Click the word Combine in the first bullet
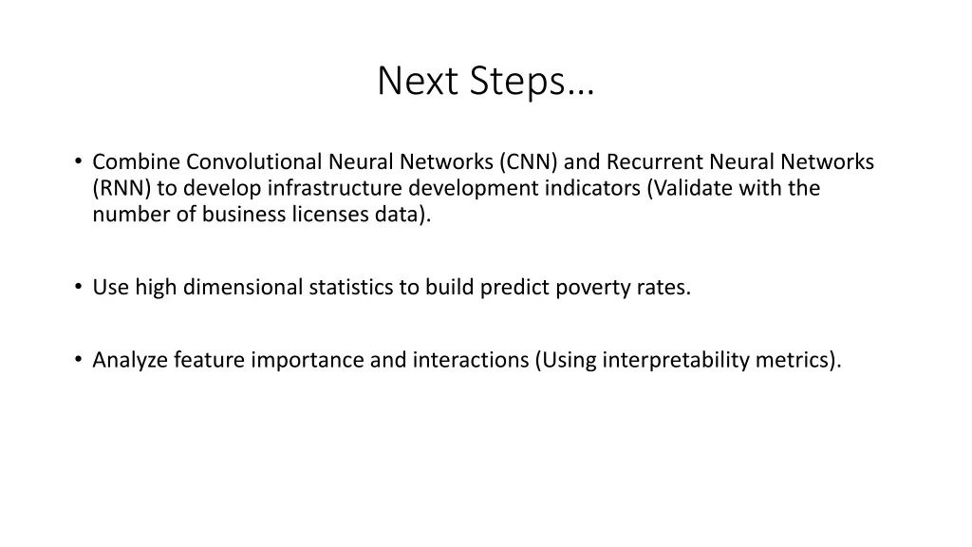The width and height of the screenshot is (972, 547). click(x=137, y=162)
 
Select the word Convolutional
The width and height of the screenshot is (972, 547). click(x=254, y=162)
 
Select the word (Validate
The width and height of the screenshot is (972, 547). click(x=688, y=188)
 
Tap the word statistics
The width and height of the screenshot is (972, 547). click(x=351, y=287)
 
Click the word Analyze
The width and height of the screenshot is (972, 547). click(x=130, y=360)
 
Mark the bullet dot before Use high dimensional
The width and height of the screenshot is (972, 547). click(x=78, y=287)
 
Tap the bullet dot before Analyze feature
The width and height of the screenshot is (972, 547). click(x=78, y=360)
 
